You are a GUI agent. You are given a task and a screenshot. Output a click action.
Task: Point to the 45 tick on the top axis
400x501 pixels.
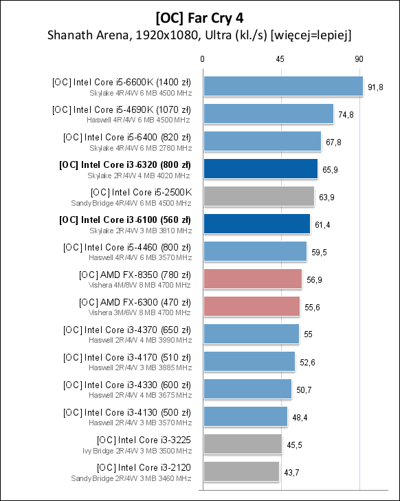point(280,60)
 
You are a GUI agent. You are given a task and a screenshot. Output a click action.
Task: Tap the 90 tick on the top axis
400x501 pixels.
point(359,60)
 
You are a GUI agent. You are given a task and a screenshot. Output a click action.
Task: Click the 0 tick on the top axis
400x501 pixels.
point(202,60)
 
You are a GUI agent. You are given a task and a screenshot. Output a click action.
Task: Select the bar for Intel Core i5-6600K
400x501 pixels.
point(282,86)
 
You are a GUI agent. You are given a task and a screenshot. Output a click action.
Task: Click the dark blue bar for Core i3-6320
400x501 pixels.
point(260,169)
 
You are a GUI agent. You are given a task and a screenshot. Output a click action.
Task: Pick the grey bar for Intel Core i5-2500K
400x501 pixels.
point(258,196)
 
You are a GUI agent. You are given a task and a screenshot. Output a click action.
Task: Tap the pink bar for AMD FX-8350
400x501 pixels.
point(252,279)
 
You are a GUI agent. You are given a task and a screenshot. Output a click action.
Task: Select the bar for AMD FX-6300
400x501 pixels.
point(251,306)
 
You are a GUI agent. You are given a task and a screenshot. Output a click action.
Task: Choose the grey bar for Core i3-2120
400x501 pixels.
point(241,471)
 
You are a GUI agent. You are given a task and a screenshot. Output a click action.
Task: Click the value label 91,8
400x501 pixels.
point(376,87)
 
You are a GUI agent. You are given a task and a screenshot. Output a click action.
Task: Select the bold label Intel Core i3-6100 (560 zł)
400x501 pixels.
point(125,220)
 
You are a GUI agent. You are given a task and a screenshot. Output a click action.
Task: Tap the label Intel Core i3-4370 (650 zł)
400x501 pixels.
point(127,330)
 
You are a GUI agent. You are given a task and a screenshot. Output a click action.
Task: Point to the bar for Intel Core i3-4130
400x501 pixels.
point(245,416)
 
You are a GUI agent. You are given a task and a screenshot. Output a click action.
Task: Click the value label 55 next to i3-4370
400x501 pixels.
point(309,334)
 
